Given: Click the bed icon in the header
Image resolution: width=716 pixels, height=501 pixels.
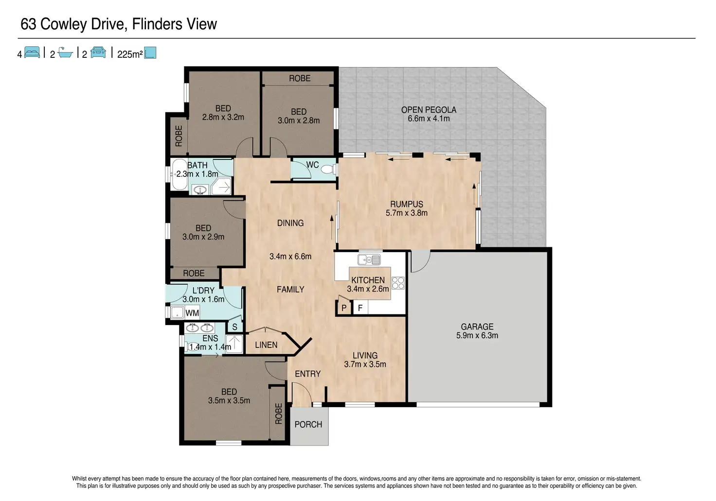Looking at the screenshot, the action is pos(32,52).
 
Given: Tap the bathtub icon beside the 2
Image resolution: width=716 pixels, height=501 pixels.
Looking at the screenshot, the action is pos(66,52).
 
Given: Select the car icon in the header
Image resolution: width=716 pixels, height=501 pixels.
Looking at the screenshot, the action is pos(98,52).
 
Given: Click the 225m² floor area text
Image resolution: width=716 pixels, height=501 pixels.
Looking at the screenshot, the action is pos(130,54).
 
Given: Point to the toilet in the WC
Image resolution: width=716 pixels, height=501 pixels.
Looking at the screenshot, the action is pos(328,169).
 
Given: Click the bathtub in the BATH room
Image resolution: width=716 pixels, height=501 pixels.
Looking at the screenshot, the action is pos(179,174).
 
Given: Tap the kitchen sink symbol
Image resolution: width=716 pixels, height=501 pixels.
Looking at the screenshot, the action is pos(369,259).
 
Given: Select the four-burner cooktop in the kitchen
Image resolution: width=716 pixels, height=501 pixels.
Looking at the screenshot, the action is pos(398,283).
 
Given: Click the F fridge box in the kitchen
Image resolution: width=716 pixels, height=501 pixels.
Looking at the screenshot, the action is pos(360,308).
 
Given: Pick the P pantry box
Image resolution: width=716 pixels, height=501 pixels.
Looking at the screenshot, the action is pos(344,308).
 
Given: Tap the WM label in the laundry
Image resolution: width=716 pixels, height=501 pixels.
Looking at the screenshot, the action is pos(192,313).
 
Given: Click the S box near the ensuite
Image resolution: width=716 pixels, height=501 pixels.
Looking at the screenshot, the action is pos(235,327).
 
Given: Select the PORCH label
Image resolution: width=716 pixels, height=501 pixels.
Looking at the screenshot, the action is pos(308,424).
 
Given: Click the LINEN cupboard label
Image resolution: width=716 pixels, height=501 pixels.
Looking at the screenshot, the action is pos(266,345).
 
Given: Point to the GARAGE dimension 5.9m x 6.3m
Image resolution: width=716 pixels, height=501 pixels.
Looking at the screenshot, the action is pos(477,335).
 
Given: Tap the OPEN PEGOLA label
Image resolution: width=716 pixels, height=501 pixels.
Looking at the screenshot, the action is pos(429,110).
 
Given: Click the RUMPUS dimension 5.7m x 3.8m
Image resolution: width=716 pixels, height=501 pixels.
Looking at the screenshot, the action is pos(406,213).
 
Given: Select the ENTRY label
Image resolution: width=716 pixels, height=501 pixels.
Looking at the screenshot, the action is pos(307,374).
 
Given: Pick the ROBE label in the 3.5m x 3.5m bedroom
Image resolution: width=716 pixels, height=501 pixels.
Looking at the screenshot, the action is pos(278,414).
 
